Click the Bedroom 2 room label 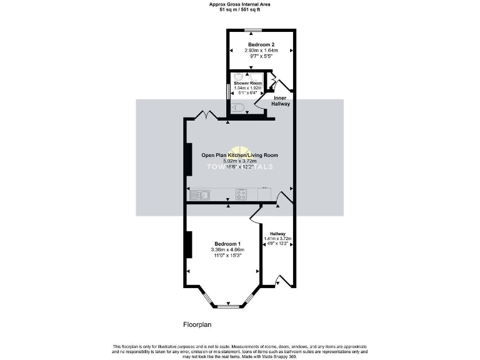pyautogui.click(x=261, y=44)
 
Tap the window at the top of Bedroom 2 pyautogui.click(x=252, y=29)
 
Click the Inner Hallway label pyautogui.click(x=281, y=101)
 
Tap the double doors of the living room pyautogui.click(x=207, y=115)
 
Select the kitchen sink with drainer pyautogui.click(x=199, y=194)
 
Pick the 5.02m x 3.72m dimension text pyautogui.click(x=239, y=161)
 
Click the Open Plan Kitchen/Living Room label pyautogui.click(x=239, y=155)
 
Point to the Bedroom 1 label pyautogui.click(x=226, y=244)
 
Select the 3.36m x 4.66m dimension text pyautogui.click(x=226, y=250)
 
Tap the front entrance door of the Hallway pyautogui.click(x=282, y=280)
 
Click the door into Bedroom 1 pyautogui.click(x=255, y=214)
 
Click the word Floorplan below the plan pyautogui.click(x=199, y=325)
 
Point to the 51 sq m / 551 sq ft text pyautogui.click(x=239, y=9)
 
